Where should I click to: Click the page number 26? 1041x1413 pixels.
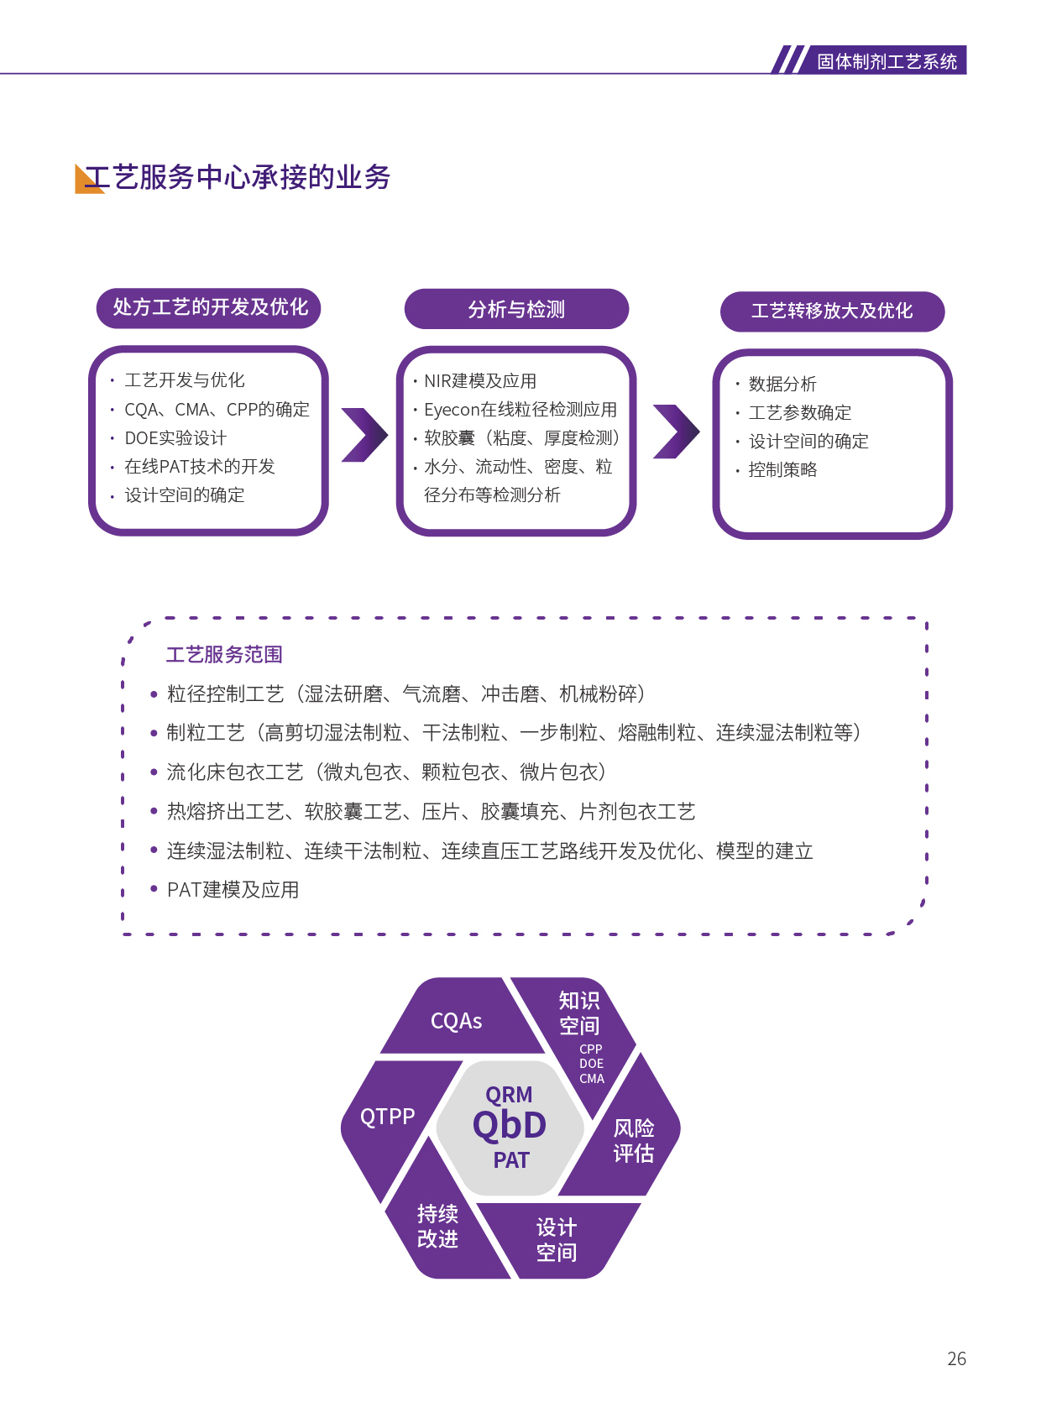(956, 1358)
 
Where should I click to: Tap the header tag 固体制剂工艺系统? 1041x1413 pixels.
(887, 61)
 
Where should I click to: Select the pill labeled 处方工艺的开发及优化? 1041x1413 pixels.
(210, 307)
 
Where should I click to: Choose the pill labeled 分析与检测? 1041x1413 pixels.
(516, 310)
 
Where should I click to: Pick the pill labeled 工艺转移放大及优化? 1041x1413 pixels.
(831, 311)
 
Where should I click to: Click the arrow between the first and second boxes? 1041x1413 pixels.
(364, 434)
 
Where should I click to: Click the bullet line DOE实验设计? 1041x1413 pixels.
(175, 438)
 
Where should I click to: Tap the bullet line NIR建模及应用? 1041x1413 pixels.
(480, 381)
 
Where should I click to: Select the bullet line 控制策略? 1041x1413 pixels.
(782, 470)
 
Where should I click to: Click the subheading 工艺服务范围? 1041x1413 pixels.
(224, 655)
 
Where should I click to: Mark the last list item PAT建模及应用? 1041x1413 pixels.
(233, 890)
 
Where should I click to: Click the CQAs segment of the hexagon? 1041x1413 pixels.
(456, 1021)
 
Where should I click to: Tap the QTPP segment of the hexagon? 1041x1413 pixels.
(387, 1117)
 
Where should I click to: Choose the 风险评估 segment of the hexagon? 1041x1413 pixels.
(633, 1141)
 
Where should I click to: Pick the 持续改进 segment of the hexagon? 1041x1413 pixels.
(437, 1227)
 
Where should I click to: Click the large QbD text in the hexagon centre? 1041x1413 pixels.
(510, 1126)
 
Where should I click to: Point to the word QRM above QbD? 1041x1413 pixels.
(509, 1095)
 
